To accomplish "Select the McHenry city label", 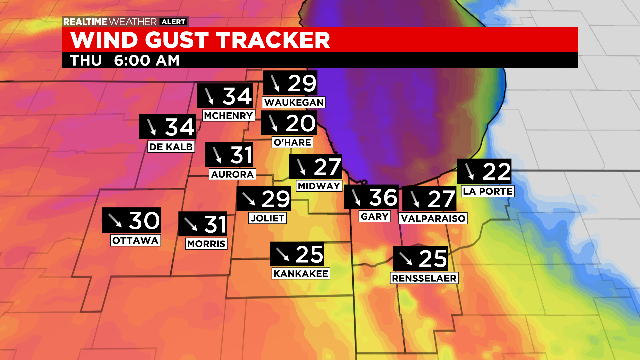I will (x=226, y=116).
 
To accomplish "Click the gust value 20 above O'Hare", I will (x=300, y=123).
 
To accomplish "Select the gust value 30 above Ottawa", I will (x=145, y=221).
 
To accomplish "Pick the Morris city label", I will (x=205, y=243).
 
